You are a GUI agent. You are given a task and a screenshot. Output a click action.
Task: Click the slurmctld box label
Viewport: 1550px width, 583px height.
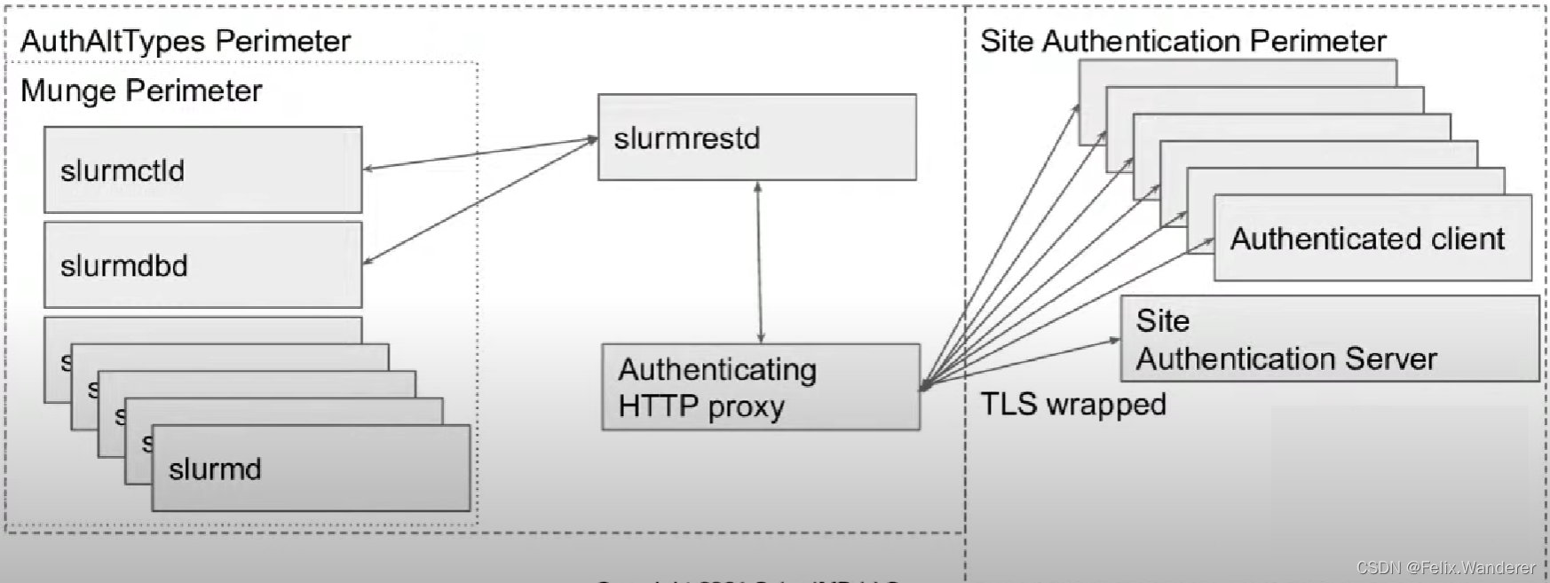click(123, 170)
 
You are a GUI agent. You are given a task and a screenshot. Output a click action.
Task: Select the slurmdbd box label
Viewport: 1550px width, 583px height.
click(124, 265)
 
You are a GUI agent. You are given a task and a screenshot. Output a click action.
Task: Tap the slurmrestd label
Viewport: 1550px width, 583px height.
click(686, 138)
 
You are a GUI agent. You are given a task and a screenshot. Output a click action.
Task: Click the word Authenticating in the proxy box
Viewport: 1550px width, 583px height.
click(717, 369)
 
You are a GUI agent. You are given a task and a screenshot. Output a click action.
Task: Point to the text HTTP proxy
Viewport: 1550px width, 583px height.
click(701, 406)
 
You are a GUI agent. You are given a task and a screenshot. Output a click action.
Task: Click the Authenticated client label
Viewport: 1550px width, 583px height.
click(1367, 239)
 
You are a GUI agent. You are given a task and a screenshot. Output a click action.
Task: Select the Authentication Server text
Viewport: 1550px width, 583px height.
click(1286, 358)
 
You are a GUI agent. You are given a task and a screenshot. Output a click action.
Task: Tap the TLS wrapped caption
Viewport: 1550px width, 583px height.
click(1072, 405)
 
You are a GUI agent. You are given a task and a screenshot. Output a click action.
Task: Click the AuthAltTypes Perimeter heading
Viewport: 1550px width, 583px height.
click(186, 41)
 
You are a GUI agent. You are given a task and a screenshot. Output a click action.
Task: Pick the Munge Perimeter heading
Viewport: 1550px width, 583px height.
click(141, 91)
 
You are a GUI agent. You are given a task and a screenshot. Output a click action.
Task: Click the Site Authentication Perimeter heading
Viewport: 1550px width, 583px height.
click(1182, 41)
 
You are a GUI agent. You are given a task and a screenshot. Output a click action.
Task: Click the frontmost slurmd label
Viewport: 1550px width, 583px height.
click(215, 469)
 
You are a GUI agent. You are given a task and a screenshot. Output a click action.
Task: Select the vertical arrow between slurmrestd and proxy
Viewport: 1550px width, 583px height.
click(759, 263)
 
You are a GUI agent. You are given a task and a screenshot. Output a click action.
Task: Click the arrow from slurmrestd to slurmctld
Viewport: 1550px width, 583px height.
click(479, 153)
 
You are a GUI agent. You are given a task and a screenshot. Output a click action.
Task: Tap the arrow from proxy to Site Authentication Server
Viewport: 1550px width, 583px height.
click(1021, 363)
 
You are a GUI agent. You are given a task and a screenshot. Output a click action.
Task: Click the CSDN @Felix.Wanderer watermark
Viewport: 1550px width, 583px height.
click(1445, 568)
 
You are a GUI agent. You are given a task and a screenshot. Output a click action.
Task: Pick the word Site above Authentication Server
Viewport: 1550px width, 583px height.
click(1162, 320)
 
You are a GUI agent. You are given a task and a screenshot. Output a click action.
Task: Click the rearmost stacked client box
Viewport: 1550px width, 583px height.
click(1243, 72)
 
